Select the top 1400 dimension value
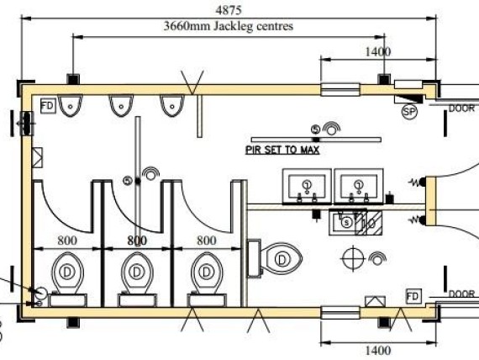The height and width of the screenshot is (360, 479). point(378,51)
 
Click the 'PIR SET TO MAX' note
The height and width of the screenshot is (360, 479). point(287,146)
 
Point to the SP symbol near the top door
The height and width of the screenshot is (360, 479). point(410,110)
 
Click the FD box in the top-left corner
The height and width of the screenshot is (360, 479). point(48,106)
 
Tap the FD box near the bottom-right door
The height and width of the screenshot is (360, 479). point(413,297)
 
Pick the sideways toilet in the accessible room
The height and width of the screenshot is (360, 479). point(276,258)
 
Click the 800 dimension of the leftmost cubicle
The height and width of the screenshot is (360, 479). point(66,240)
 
